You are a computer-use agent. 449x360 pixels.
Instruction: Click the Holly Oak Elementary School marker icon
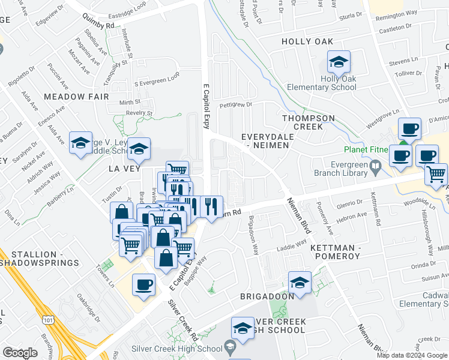(x=339, y=62)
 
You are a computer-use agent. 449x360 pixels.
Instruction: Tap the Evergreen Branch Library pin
(x=375, y=164)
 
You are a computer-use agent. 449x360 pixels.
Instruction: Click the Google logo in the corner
(x=20, y=352)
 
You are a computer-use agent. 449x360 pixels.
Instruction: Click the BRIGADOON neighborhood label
(x=267, y=296)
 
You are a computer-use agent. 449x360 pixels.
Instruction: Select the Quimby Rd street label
(x=101, y=26)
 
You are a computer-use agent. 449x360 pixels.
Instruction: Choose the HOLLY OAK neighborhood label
(x=307, y=41)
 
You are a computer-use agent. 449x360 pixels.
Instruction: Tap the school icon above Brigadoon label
(x=300, y=282)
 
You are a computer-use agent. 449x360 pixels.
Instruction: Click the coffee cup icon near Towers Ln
(x=144, y=285)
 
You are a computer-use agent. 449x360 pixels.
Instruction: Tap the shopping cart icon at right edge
(x=436, y=173)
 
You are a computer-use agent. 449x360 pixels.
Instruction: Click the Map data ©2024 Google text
(x=412, y=355)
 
